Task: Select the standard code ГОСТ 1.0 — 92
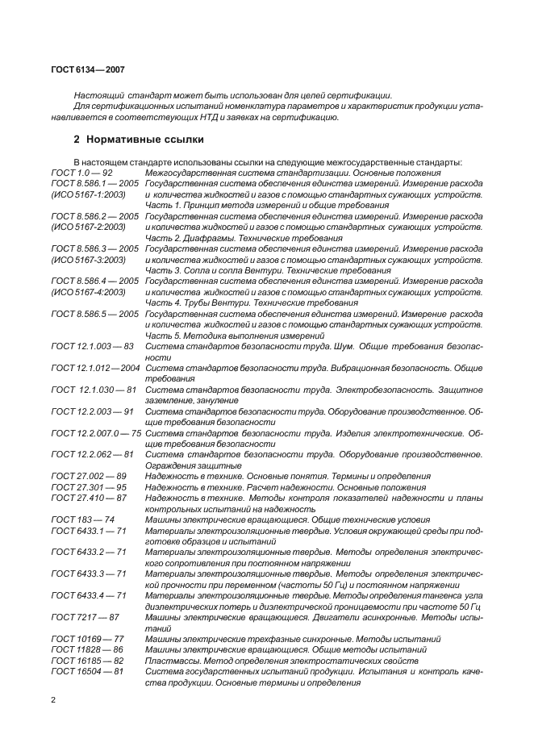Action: (81, 173)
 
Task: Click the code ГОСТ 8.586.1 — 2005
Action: (95, 184)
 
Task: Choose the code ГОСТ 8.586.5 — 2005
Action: (95, 314)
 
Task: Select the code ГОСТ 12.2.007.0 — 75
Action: (96, 433)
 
